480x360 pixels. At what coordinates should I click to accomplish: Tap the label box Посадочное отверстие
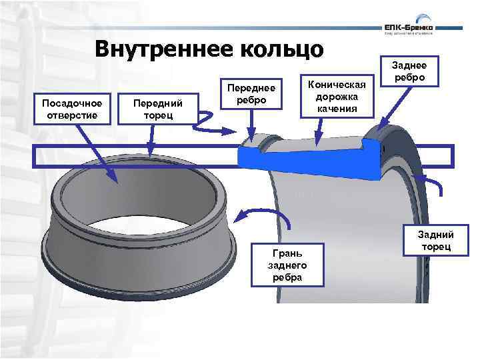72,109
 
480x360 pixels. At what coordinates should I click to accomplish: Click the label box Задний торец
436,241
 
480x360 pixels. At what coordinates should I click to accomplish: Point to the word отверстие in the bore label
72,115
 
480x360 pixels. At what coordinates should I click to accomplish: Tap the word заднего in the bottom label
285,265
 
